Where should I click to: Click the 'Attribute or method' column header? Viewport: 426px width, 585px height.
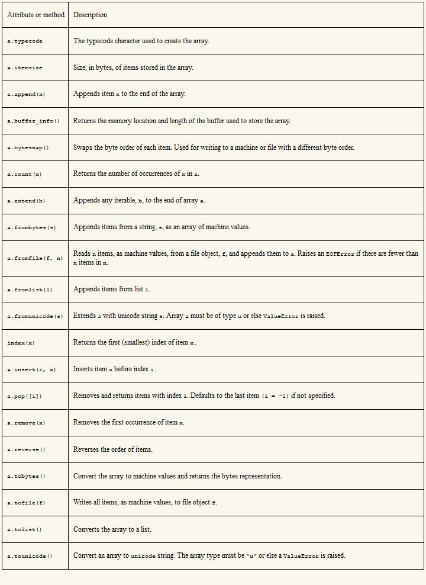[35, 15]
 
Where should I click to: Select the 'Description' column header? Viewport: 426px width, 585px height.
[90, 15]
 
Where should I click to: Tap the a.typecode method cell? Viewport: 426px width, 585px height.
[25, 41]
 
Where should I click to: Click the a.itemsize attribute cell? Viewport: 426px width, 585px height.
[25, 68]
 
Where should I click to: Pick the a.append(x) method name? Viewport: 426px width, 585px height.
[26, 95]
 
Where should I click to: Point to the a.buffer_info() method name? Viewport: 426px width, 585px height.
[33, 121]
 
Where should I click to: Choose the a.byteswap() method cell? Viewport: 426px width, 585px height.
[28, 148]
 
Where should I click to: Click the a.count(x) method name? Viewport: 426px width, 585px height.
[24, 175]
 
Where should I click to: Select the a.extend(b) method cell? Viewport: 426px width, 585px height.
[26, 201]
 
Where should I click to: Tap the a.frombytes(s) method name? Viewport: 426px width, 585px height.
[31, 228]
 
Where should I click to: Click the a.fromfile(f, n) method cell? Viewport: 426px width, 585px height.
[35, 259]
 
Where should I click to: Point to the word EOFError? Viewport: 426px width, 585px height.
[340, 254]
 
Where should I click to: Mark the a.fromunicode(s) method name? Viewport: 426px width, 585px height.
[35, 317]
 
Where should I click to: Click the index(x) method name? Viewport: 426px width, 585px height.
[21, 343]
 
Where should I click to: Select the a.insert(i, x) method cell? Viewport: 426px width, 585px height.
[31, 370]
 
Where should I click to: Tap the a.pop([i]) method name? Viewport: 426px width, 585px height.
[24, 397]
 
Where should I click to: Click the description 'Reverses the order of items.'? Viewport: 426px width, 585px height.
[112, 449]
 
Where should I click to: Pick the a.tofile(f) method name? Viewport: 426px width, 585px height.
[26, 503]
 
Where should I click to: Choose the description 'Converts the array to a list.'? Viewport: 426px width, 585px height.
[112, 529]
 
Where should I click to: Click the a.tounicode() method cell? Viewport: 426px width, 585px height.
[30, 557]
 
